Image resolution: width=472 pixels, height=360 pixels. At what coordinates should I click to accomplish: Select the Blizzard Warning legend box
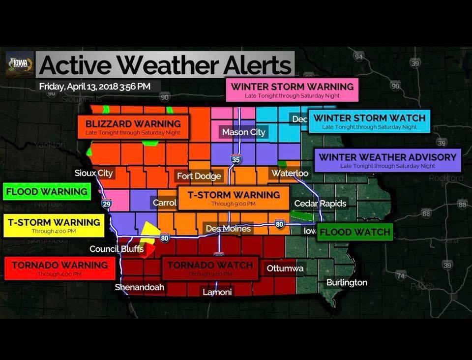pos(133,127)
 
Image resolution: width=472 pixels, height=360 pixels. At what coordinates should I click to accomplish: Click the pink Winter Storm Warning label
pos(292,90)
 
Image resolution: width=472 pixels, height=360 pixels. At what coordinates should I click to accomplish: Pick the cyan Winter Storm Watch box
pos(369,121)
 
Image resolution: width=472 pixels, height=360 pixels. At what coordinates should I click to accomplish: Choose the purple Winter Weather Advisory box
pos(387,161)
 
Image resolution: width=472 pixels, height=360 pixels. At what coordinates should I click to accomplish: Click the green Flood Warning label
pos(47,191)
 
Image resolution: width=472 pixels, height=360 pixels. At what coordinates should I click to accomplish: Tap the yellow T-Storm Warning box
pos(54,226)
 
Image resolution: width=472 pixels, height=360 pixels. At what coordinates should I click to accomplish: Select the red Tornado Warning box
pos(59,268)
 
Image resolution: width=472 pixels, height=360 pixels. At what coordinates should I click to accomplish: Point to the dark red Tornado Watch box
pos(210,268)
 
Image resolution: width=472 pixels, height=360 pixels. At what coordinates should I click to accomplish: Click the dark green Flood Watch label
pos(354,232)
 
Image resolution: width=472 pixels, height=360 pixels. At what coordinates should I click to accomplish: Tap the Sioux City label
pos(94,173)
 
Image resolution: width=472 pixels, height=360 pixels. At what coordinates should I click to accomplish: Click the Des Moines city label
pos(228,229)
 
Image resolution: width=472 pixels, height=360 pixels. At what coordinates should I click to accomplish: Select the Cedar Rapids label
pos(320,203)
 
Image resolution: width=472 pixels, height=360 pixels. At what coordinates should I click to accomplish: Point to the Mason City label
pos(243,132)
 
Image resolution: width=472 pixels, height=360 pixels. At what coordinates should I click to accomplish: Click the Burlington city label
pos(347,282)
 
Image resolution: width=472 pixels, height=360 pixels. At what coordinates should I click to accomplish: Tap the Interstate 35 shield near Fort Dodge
pos(236,159)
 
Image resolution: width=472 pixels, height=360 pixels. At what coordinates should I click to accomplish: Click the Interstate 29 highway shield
pos(106,204)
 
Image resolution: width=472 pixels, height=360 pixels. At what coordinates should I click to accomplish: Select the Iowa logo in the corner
pos(19,64)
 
